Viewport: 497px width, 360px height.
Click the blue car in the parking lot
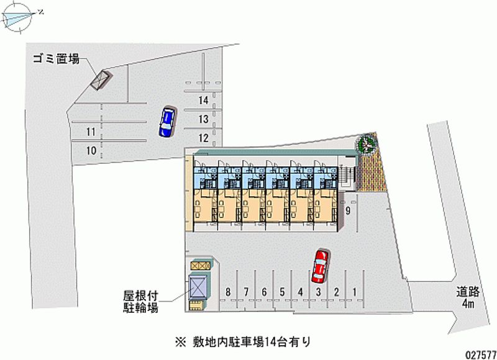[166, 121]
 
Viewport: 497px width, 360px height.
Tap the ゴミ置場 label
[57, 60]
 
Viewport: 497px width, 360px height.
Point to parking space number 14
[203, 101]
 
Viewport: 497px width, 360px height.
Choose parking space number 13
[203, 119]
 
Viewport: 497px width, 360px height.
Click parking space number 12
[203, 137]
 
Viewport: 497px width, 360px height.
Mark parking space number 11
[91, 132]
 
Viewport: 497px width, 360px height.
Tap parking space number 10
[91, 150]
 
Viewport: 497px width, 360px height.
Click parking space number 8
[229, 292]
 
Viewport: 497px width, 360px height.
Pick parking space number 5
[282, 292]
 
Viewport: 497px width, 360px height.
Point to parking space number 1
[354, 292]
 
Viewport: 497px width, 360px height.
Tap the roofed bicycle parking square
[198, 287]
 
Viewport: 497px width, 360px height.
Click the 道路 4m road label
[467, 298]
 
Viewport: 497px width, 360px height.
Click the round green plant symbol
[367, 145]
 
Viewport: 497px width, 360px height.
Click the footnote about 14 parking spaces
[248, 341]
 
